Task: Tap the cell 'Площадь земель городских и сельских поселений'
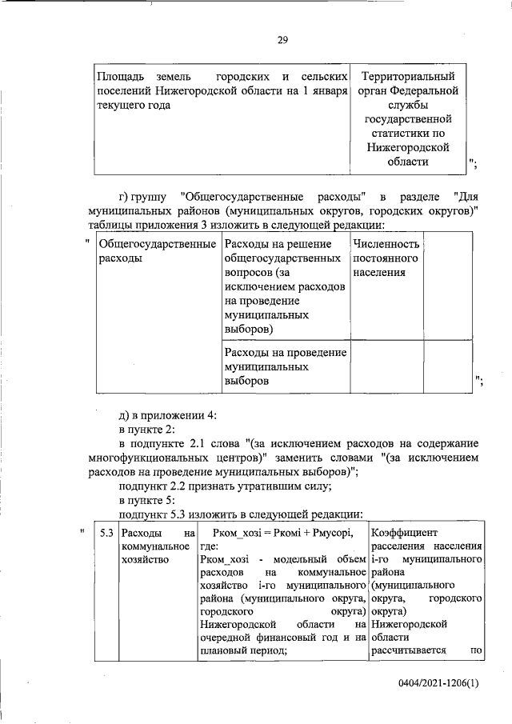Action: tap(221, 90)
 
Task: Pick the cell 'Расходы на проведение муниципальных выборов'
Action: tap(284, 366)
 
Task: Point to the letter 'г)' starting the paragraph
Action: tap(124, 197)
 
